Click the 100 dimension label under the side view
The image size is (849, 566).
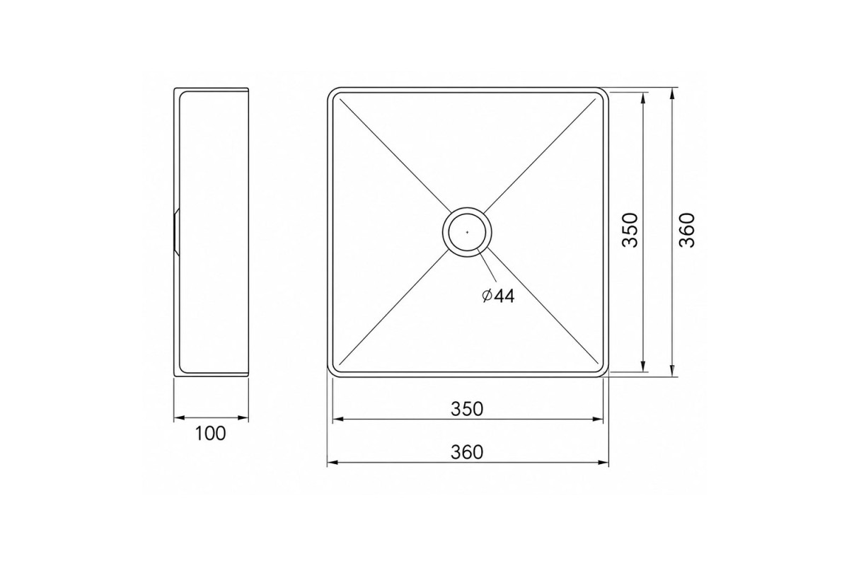click(x=210, y=433)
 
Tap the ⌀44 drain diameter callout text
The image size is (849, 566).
click(x=498, y=296)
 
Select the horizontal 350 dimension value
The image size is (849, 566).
click(x=467, y=409)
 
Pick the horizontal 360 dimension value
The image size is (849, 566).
click(x=467, y=452)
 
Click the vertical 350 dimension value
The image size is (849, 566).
click(x=630, y=231)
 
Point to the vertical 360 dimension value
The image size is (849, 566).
click(x=687, y=231)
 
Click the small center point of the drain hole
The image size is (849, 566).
click(x=467, y=232)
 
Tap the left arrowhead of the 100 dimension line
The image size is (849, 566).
click(x=179, y=418)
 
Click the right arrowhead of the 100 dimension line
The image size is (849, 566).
click(x=243, y=418)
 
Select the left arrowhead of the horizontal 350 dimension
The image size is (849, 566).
click(x=338, y=419)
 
